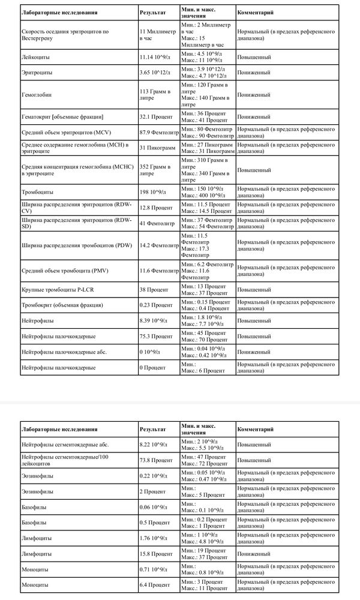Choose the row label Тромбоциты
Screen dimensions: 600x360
[37, 192]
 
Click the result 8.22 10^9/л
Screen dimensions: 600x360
[154, 445]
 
